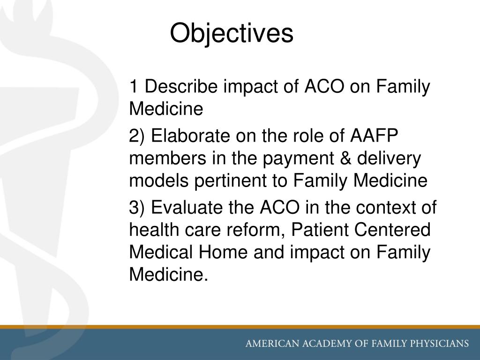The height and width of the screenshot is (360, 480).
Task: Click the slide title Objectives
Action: pyautogui.click(x=231, y=34)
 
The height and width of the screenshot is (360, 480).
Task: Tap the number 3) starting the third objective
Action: pyautogui.click(x=138, y=207)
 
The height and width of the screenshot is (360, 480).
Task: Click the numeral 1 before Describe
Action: pyautogui.click(x=134, y=87)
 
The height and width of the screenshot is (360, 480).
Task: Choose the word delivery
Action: pyautogui.click(x=390, y=159)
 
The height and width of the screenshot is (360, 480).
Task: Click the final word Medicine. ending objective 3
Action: pyautogui.click(x=168, y=275)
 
